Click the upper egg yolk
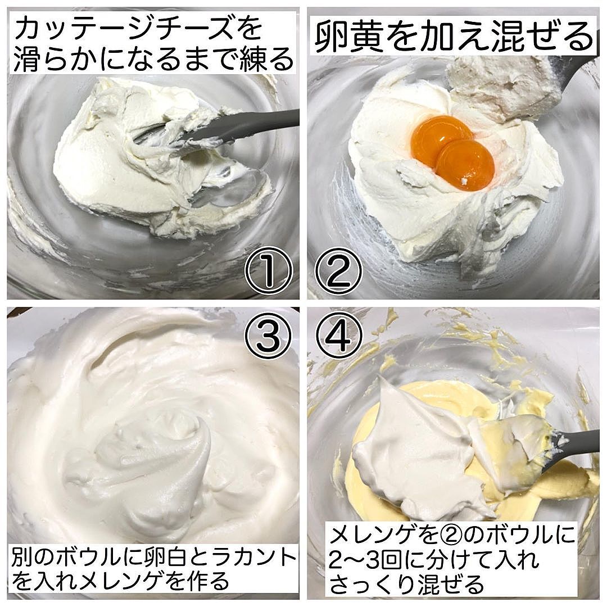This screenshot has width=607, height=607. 441,135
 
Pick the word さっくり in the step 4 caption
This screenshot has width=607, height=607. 372,584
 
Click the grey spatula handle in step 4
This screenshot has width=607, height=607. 572,443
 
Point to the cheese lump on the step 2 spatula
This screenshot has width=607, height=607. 501,87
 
